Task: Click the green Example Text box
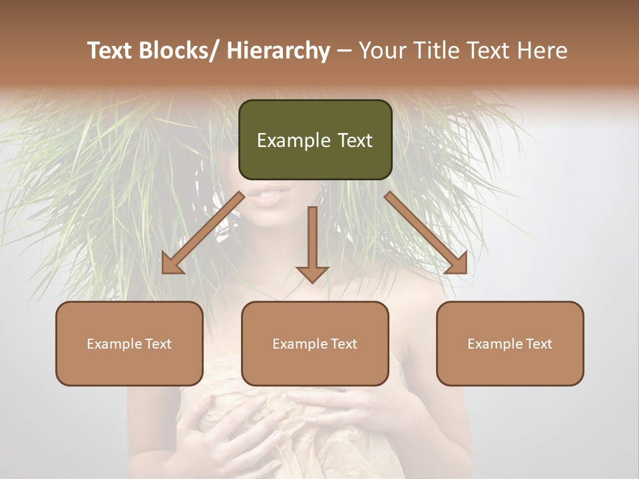[315, 140]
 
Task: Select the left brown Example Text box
[129, 343]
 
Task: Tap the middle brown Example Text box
[315, 343]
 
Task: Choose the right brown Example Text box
[510, 343]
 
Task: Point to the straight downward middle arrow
[312, 243]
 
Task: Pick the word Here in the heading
[542, 51]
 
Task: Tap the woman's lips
[273, 195]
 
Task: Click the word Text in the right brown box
[539, 343]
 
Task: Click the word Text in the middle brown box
[344, 343]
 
